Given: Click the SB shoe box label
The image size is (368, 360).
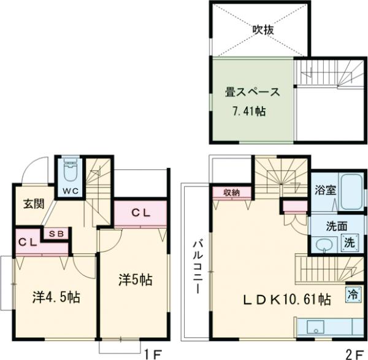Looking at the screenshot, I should click(x=56, y=233).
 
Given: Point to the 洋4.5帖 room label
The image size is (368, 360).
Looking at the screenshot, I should click(x=56, y=297).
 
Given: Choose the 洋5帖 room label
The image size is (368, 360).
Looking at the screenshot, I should click(x=135, y=280).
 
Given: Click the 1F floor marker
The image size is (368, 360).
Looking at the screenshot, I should click(x=153, y=353).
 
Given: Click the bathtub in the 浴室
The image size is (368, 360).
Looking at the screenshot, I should click(x=351, y=191).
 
